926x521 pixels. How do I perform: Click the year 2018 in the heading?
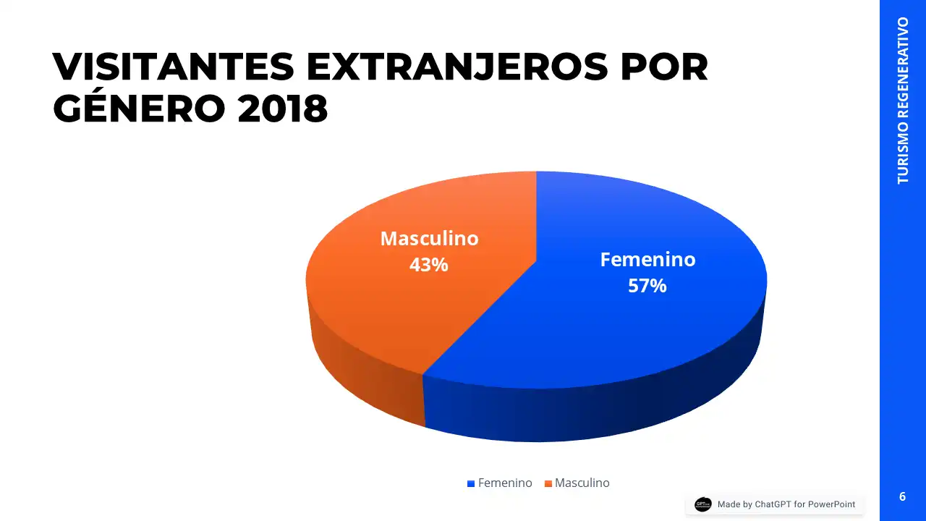pyautogui.click(x=283, y=109)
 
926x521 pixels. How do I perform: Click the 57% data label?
pyautogui.click(x=647, y=286)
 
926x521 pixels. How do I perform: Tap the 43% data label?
pyautogui.click(x=428, y=265)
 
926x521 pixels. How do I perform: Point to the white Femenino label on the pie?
pyautogui.click(x=647, y=260)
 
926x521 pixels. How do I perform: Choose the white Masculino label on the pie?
pyautogui.click(x=429, y=239)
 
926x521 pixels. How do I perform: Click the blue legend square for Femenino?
pyautogui.click(x=471, y=483)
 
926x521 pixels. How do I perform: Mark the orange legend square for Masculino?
pyautogui.click(x=548, y=483)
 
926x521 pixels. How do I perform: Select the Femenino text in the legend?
pyautogui.click(x=505, y=483)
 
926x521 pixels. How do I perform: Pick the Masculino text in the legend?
pyautogui.click(x=582, y=483)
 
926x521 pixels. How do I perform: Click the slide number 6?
pyautogui.click(x=902, y=496)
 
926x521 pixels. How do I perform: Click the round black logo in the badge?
pyautogui.click(x=702, y=504)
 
